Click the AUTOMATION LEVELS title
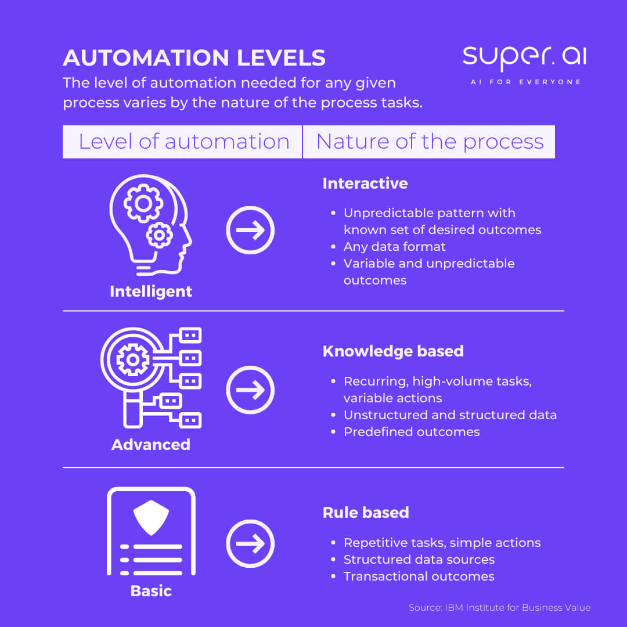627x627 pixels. coord(194,58)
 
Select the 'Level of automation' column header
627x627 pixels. coord(183,142)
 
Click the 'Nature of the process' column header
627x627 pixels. coord(430,142)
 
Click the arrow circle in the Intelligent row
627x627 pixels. coord(250,230)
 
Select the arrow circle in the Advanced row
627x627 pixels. coord(250,390)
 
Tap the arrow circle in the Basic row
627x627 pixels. coord(250,543)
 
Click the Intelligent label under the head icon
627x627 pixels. coord(151,291)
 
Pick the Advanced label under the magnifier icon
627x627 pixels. coord(151,445)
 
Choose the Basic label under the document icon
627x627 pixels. coord(151,591)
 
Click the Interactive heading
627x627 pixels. coord(365,183)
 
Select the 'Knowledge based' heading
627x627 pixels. coord(393,351)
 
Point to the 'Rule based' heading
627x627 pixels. coord(366,513)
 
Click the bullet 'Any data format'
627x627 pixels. coord(394,247)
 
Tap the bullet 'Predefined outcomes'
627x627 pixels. coord(411,432)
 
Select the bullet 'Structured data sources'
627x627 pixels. coord(419,560)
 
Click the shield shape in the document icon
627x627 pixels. coord(151,517)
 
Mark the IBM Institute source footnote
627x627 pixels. coord(499,608)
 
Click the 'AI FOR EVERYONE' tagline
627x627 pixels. coord(525,82)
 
